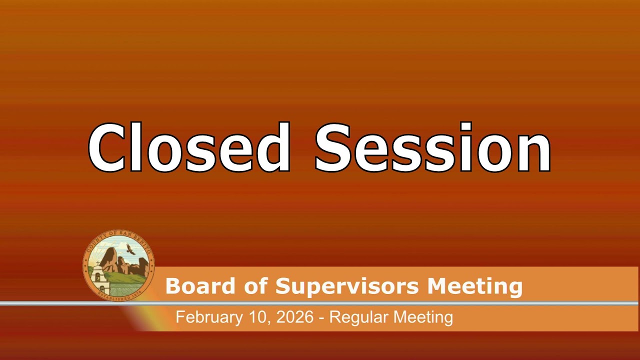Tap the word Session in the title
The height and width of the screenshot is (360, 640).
tap(432, 147)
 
